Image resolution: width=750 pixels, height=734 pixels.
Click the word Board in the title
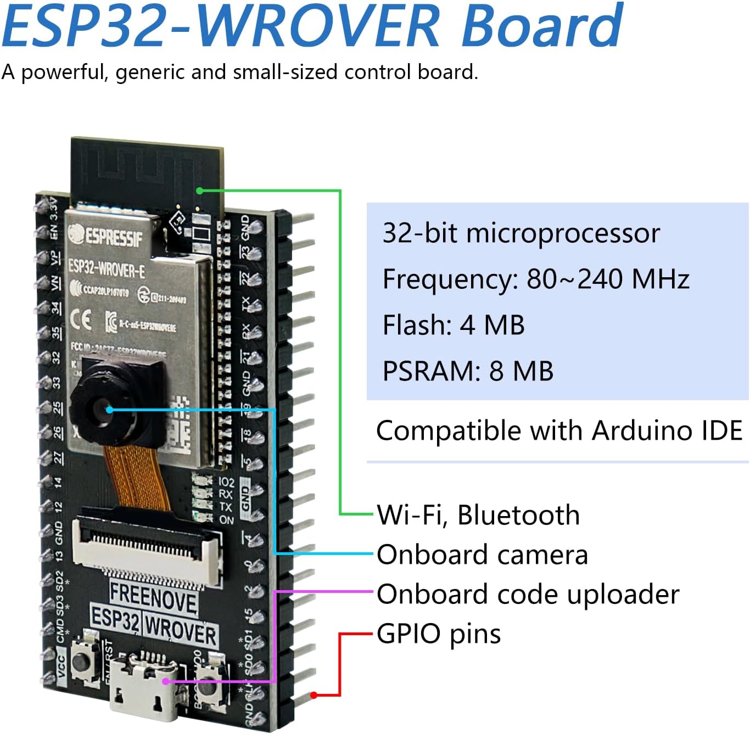541,26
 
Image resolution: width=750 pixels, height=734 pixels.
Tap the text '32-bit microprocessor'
520,233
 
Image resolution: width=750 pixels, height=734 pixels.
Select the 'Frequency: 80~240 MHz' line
535,279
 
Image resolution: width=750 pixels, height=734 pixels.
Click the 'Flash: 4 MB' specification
453,325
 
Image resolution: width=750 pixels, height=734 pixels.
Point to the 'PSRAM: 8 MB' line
467,371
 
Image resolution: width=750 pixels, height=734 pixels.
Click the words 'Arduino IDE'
667,430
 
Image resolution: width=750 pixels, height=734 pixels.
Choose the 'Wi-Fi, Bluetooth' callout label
478,515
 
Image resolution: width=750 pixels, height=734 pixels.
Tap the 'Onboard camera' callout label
482,554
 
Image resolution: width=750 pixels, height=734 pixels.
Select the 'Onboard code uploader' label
528,595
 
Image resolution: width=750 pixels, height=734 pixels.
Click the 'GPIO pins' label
438,634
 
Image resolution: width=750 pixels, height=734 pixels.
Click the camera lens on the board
104,409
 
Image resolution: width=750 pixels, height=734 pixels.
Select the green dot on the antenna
200,190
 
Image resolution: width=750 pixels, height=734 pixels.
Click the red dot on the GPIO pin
314,695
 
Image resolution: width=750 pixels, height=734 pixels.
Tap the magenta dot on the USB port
165,681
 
